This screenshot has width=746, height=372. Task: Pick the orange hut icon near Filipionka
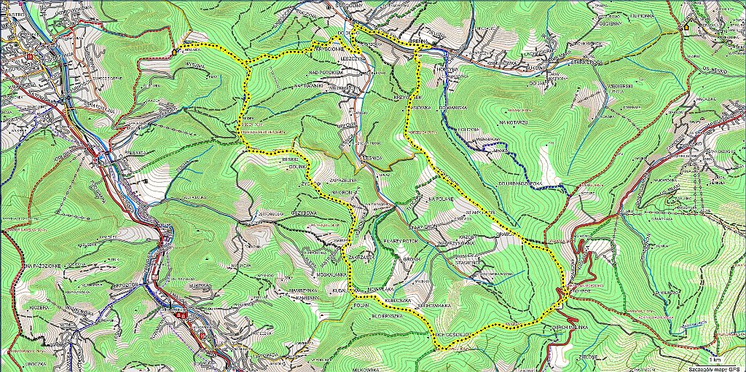(685, 26)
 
